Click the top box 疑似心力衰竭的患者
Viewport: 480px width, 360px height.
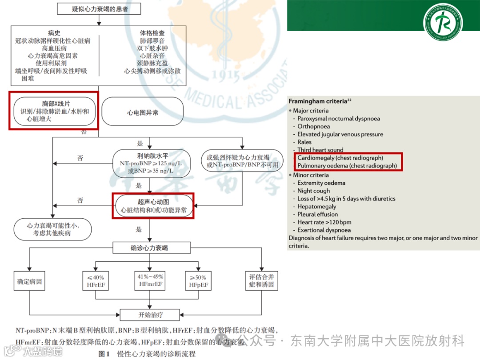(x=99, y=9)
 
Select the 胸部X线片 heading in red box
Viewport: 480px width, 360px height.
(x=53, y=103)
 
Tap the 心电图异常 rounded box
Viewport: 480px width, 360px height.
(x=143, y=113)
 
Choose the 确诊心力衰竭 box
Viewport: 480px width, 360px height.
(x=152, y=248)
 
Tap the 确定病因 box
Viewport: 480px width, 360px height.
(x=29, y=281)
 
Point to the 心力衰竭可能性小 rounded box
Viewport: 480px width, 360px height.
(x=52, y=229)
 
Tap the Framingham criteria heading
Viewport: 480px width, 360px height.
(x=317, y=102)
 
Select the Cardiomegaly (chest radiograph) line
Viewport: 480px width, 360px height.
(x=340, y=158)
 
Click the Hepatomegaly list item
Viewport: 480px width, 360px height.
(x=316, y=207)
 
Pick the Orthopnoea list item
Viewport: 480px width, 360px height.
(x=313, y=126)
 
